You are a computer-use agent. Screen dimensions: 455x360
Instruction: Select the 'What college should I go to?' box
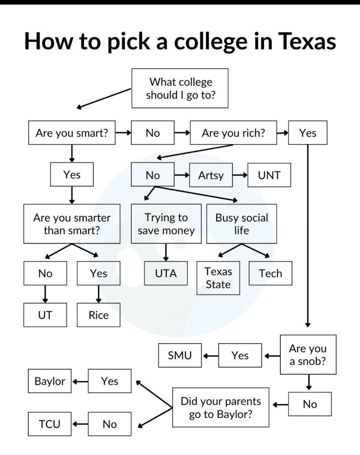180,88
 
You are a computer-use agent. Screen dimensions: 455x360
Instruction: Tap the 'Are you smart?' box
72,133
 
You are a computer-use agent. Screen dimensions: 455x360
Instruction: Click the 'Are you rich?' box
233,133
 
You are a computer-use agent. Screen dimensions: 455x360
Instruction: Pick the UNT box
269,175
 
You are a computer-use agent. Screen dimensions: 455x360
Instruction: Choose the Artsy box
211,175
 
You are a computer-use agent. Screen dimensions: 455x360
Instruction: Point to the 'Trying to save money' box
166,224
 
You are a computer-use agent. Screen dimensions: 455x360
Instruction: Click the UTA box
166,273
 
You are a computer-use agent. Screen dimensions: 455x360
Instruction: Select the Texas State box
218,278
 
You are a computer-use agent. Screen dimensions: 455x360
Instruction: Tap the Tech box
270,273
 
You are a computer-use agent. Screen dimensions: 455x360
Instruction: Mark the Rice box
99,315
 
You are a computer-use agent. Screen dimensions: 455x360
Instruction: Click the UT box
45,315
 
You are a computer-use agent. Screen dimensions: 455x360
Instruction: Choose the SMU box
180,355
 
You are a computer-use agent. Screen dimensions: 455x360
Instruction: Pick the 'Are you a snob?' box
308,354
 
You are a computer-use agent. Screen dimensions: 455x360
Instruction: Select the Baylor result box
50,381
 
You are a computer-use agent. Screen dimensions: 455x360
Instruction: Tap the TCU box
50,424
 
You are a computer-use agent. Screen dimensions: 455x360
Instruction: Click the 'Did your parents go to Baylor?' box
221,407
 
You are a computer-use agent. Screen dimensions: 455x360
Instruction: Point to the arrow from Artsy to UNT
240,175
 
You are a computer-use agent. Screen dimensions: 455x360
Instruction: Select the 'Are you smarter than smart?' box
72,224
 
